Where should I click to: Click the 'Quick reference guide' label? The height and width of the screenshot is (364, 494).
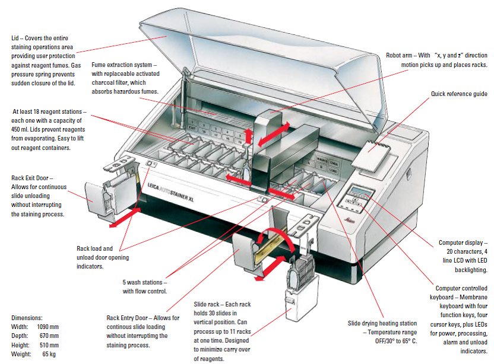point(459,94)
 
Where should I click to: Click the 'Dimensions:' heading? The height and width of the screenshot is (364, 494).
point(27,318)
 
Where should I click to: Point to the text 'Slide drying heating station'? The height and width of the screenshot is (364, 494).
point(383,324)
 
